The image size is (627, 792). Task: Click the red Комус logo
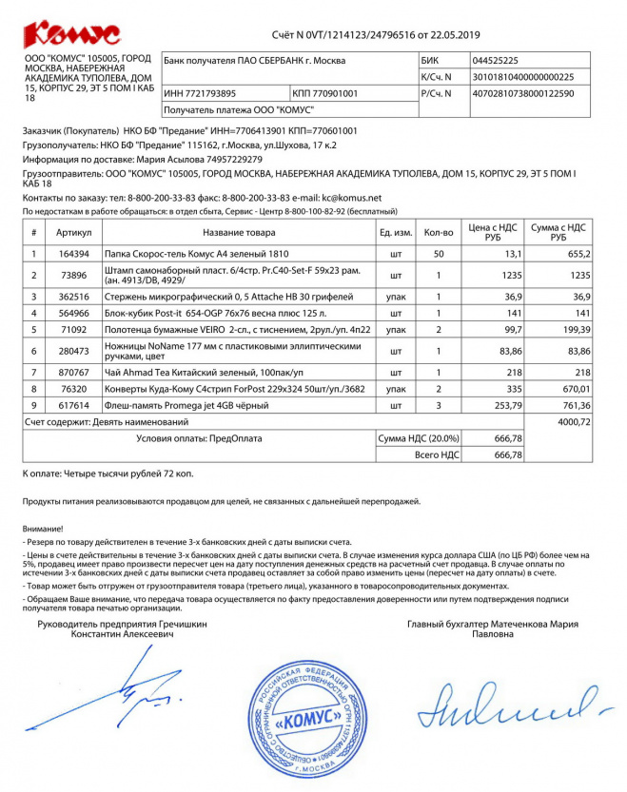(71, 35)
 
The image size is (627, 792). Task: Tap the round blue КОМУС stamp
(305, 717)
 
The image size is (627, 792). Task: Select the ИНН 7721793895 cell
(200, 93)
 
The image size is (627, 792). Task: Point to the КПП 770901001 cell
(325, 93)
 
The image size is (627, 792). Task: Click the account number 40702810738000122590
(522, 93)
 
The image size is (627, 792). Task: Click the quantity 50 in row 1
(438, 254)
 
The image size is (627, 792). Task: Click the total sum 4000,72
(574, 421)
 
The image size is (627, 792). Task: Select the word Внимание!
(43, 527)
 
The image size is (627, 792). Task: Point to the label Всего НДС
(439, 454)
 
